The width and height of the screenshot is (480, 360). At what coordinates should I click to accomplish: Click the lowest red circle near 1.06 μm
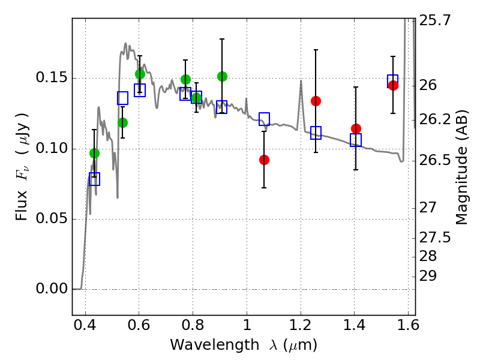pyautogui.click(x=264, y=160)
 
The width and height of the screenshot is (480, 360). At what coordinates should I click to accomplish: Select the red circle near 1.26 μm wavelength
pyautogui.click(x=316, y=101)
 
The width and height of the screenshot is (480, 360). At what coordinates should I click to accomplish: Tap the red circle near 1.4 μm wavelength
pyautogui.click(x=356, y=128)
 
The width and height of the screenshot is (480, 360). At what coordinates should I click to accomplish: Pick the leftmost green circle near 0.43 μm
pyautogui.click(x=95, y=154)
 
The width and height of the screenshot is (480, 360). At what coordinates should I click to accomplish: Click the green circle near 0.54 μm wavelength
pyautogui.click(x=123, y=123)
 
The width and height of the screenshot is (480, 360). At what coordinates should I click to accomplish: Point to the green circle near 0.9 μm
pyautogui.click(x=222, y=76)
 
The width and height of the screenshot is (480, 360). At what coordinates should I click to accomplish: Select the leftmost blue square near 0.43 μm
pyautogui.click(x=95, y=179)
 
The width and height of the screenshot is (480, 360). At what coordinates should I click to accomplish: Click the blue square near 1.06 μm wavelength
pyautogui.click(x=264, y=119)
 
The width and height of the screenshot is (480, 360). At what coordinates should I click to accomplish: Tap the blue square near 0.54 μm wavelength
pyautogui.click(x=123, y=98)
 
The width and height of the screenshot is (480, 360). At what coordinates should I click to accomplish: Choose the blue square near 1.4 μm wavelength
pyautogui.click(x=356, y=140)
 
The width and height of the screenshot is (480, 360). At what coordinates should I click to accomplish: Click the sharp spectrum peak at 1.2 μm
pyautogui.click(x=301, y=80)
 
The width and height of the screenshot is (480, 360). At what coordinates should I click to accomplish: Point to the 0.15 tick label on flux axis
pyautogui.click(x=52, y=77)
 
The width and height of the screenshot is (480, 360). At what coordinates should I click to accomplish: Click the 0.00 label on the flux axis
pyautogui.click(x=52, y=289)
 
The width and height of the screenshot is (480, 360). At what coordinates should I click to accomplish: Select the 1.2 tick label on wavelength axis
pyautogui.click(x=301, y=325)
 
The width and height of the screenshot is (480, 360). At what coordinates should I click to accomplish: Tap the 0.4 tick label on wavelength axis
pyautogui.click(x=85, y=325)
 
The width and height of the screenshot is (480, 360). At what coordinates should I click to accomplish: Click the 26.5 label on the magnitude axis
pyautogui.click(x=434, y=160)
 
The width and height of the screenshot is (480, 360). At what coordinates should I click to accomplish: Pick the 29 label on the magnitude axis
pyautogui.click(x=428, y=276)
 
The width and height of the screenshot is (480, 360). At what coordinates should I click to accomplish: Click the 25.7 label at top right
pyautogui.click(x=434, y=20)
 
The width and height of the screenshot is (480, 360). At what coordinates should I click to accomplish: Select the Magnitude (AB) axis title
pyautogui.click(x=461, y=167)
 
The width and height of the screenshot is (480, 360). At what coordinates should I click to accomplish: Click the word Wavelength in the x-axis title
pyautogui.click(x=215, y=345)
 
